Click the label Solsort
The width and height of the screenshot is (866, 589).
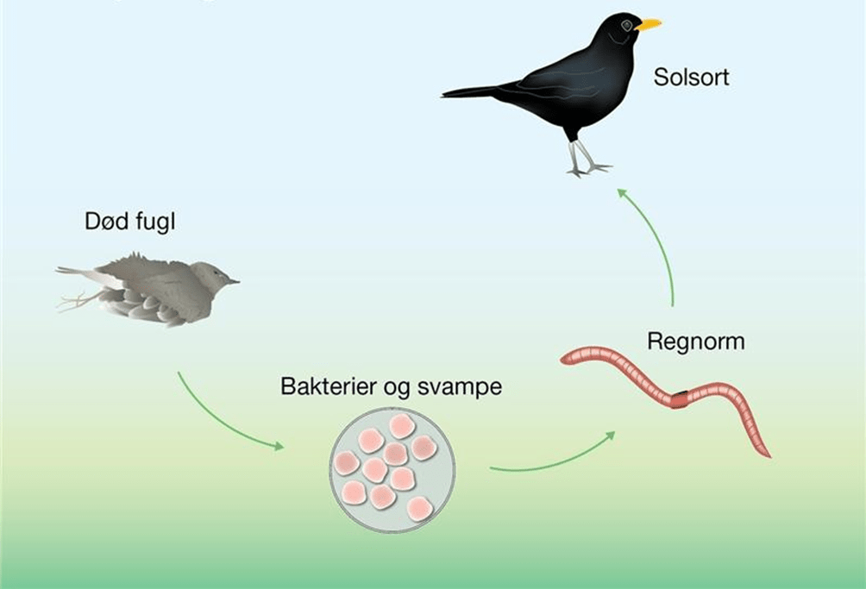coord(691,77)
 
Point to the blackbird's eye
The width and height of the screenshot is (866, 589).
coord(627,26)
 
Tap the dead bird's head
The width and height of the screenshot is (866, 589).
coord(210,277)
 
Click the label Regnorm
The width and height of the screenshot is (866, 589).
coord(695,341)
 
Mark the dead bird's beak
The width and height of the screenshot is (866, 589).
coord(234,281)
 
